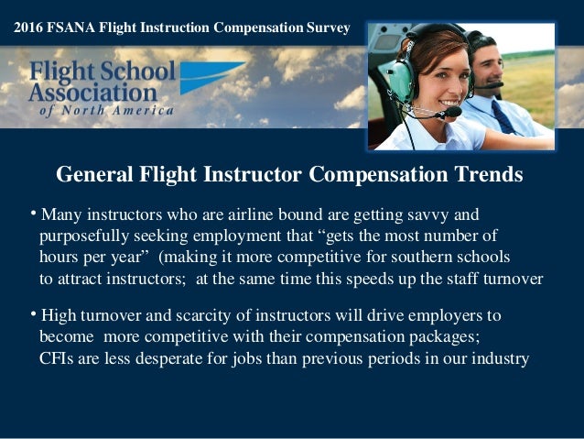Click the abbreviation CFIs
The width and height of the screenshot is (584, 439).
pos(58,358)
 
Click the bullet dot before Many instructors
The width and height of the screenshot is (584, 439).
pos(32,214)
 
